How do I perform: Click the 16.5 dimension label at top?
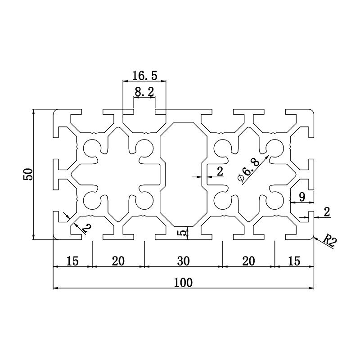click(145, 75)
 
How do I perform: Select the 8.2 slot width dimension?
click(144, 92)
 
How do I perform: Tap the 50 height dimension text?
click(28, 174)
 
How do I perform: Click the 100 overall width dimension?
click(183, 282)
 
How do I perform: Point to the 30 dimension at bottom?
click(183, 261)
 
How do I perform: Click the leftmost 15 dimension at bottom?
click(72, 261)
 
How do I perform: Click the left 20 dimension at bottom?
click(118, 261)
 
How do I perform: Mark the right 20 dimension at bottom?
click(248, 261)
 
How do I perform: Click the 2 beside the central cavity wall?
click(220, 171)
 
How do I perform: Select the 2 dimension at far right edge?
click(327, 212)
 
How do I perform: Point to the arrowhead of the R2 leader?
click(315, 236)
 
